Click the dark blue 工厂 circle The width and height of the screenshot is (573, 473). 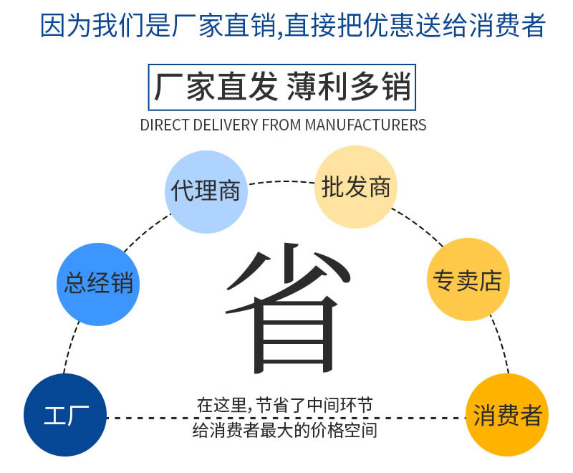(65, 415)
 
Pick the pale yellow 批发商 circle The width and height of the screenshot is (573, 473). (356, 186)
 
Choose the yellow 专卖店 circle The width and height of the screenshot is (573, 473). (466, 279)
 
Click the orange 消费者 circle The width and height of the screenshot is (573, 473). (507, 416)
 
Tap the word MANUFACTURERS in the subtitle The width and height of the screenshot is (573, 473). (365, 125)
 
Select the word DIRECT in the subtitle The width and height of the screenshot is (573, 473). (161, 125)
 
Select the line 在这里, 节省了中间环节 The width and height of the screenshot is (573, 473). (284, 404)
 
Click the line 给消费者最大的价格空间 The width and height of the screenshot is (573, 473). (284, 431)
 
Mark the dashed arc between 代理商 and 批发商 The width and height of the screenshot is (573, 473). (280, 181)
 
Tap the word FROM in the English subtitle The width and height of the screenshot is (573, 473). (281, 125)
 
